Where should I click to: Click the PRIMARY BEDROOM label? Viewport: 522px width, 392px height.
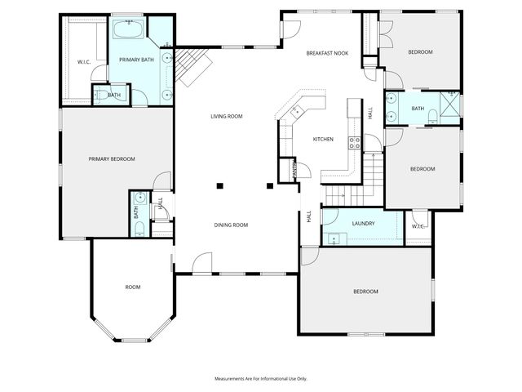click(x=112, y=158)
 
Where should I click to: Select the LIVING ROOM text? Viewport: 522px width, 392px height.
click(x=227, y=117)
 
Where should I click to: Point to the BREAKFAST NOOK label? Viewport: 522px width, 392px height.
click(x=327, y=52)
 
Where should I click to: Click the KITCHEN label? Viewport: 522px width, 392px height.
click(x=324, y=140)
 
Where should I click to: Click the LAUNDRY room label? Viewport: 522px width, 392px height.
click(x=363, y=223)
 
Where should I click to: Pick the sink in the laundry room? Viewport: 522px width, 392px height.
click(x=334, y=238)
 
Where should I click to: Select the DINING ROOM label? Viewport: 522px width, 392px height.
click(x=231, y=225)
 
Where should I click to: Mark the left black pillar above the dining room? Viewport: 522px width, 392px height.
click(x=219, y=186)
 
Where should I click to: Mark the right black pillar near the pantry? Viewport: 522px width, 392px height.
click(x=271, y=186)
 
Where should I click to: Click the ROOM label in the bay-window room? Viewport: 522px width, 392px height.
click(x=133, y=287)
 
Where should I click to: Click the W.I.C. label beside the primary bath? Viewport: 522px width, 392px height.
click(x=83, y=62)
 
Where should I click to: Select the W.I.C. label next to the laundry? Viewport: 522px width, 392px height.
click(x=418, y=226)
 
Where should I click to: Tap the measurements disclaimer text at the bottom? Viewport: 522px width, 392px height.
click(x=261, y=379)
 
